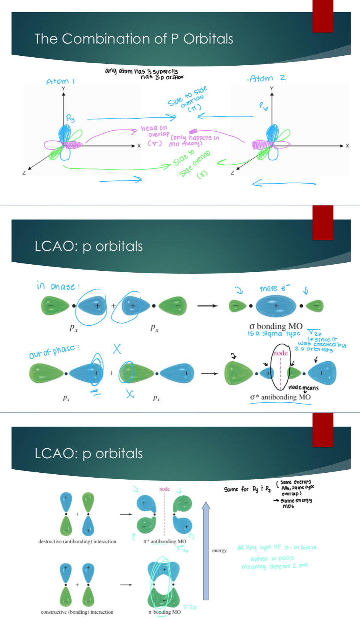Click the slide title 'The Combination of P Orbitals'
pos(134,39)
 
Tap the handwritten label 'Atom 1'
pos(60,81)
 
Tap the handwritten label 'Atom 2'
pos(267,78)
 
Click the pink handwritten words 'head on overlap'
pos(155,131)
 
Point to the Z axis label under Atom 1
pos(24,173)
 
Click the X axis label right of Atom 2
pos(347,145)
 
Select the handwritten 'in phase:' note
pos(58,286)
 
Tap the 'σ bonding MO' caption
pos(276,326)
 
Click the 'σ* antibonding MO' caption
pos(280,397)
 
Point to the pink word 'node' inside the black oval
pos(280,353)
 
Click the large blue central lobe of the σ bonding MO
pos(276,306)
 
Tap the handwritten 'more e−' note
pos(274,288)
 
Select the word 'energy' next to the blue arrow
pos(220,550)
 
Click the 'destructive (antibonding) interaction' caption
pos(77,541)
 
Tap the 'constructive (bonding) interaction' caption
pos(77,612)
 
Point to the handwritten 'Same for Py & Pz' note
pos(247,489)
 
